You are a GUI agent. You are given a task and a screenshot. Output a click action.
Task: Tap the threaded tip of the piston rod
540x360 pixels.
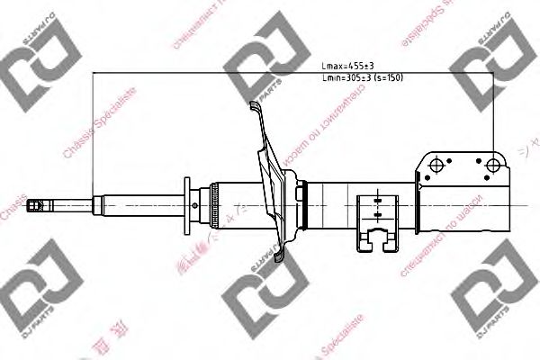coord(33,206)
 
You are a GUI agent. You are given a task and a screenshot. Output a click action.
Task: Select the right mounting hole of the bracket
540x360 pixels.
coord(492,165)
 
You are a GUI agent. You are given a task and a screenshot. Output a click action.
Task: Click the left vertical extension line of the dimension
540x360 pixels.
coord(94,135)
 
